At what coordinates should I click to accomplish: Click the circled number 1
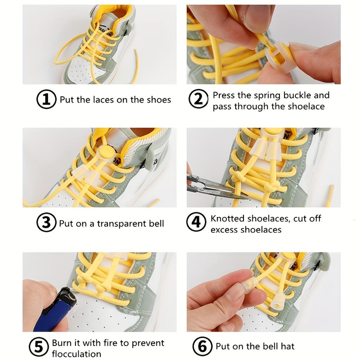(x=46, y=99)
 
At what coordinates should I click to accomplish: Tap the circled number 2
(x=199, y=99)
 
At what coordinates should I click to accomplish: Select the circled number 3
(x=46, y=223)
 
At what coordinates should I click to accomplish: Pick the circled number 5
(x=39, y=347)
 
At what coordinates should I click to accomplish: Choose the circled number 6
(x=202, y=346)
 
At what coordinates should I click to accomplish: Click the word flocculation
(x=76, y=354)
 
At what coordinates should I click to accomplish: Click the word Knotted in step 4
(x=227, y=218)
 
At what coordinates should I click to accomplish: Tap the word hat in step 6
(x=287, y=346)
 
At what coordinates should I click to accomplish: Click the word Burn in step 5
(x=62, y=343)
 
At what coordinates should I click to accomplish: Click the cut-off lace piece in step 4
(x=329, y=195)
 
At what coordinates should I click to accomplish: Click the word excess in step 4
(x=224, y=230)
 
